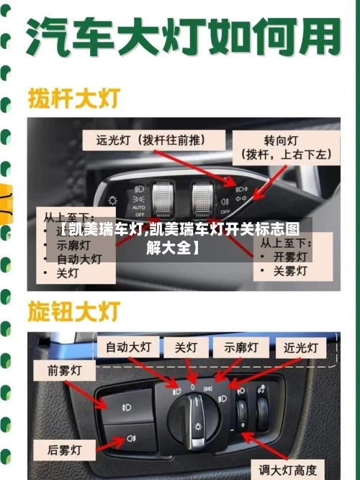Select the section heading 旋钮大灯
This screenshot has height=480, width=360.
pyautogui.click(x=73, y=311)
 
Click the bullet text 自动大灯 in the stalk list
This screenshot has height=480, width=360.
pyautogui.click(x=78, y=259)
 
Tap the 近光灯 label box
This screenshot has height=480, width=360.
pyautogui.click(x=300, y=347)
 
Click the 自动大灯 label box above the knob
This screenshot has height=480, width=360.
pyautogui.click(x=128, y=347)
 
